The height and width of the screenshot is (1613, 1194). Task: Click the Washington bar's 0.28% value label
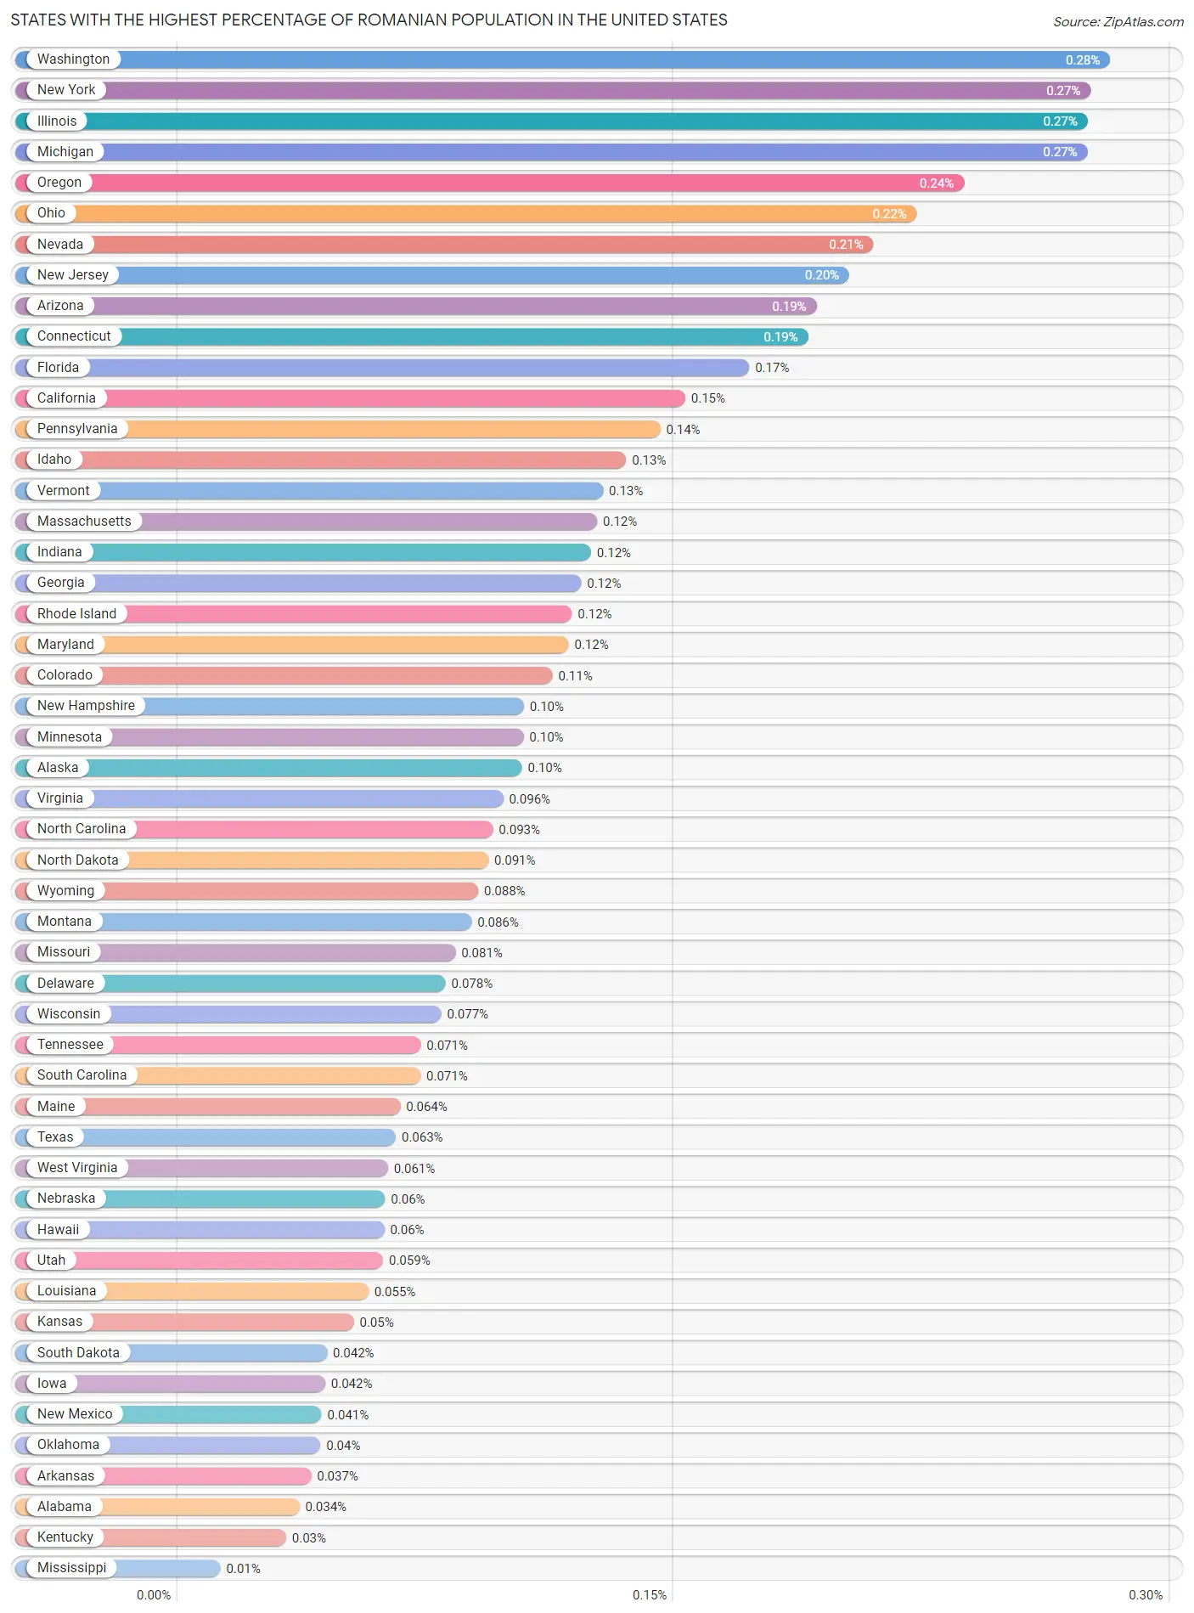tap(1082, 59)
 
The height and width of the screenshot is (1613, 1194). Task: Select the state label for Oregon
tap(59, 183)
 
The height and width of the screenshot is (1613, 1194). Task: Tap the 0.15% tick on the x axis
tap(650, 1595)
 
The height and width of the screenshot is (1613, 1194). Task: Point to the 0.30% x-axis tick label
tap(1146, 1595)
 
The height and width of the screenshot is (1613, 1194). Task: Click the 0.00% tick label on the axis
tap(154, 1595)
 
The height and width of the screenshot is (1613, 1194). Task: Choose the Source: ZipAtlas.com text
tap(1118, 22)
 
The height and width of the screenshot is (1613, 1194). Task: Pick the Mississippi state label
tap(72, 1568)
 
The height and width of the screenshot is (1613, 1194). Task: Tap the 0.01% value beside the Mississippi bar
tap(243, 1569)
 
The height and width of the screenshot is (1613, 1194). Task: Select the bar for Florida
tap(382, 368)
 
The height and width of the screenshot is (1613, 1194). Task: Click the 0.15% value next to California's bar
tap(707, 398)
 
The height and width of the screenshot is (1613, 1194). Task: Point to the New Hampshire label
tap(86, 706)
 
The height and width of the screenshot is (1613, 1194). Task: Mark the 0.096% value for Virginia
tap(529, 799)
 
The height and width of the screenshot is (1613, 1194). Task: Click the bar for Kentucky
tap(150, 1537)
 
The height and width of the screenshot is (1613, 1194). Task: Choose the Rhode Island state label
tap(76, 614)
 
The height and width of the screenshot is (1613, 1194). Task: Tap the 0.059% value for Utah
tap(409, 1261)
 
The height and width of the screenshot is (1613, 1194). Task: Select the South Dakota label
tap(78, 1353)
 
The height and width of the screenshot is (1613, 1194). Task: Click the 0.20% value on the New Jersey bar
tap(821, 275)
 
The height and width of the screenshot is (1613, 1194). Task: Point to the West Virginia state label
tap(77, 1168)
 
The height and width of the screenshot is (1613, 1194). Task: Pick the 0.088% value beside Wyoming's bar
tap(504, 891)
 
